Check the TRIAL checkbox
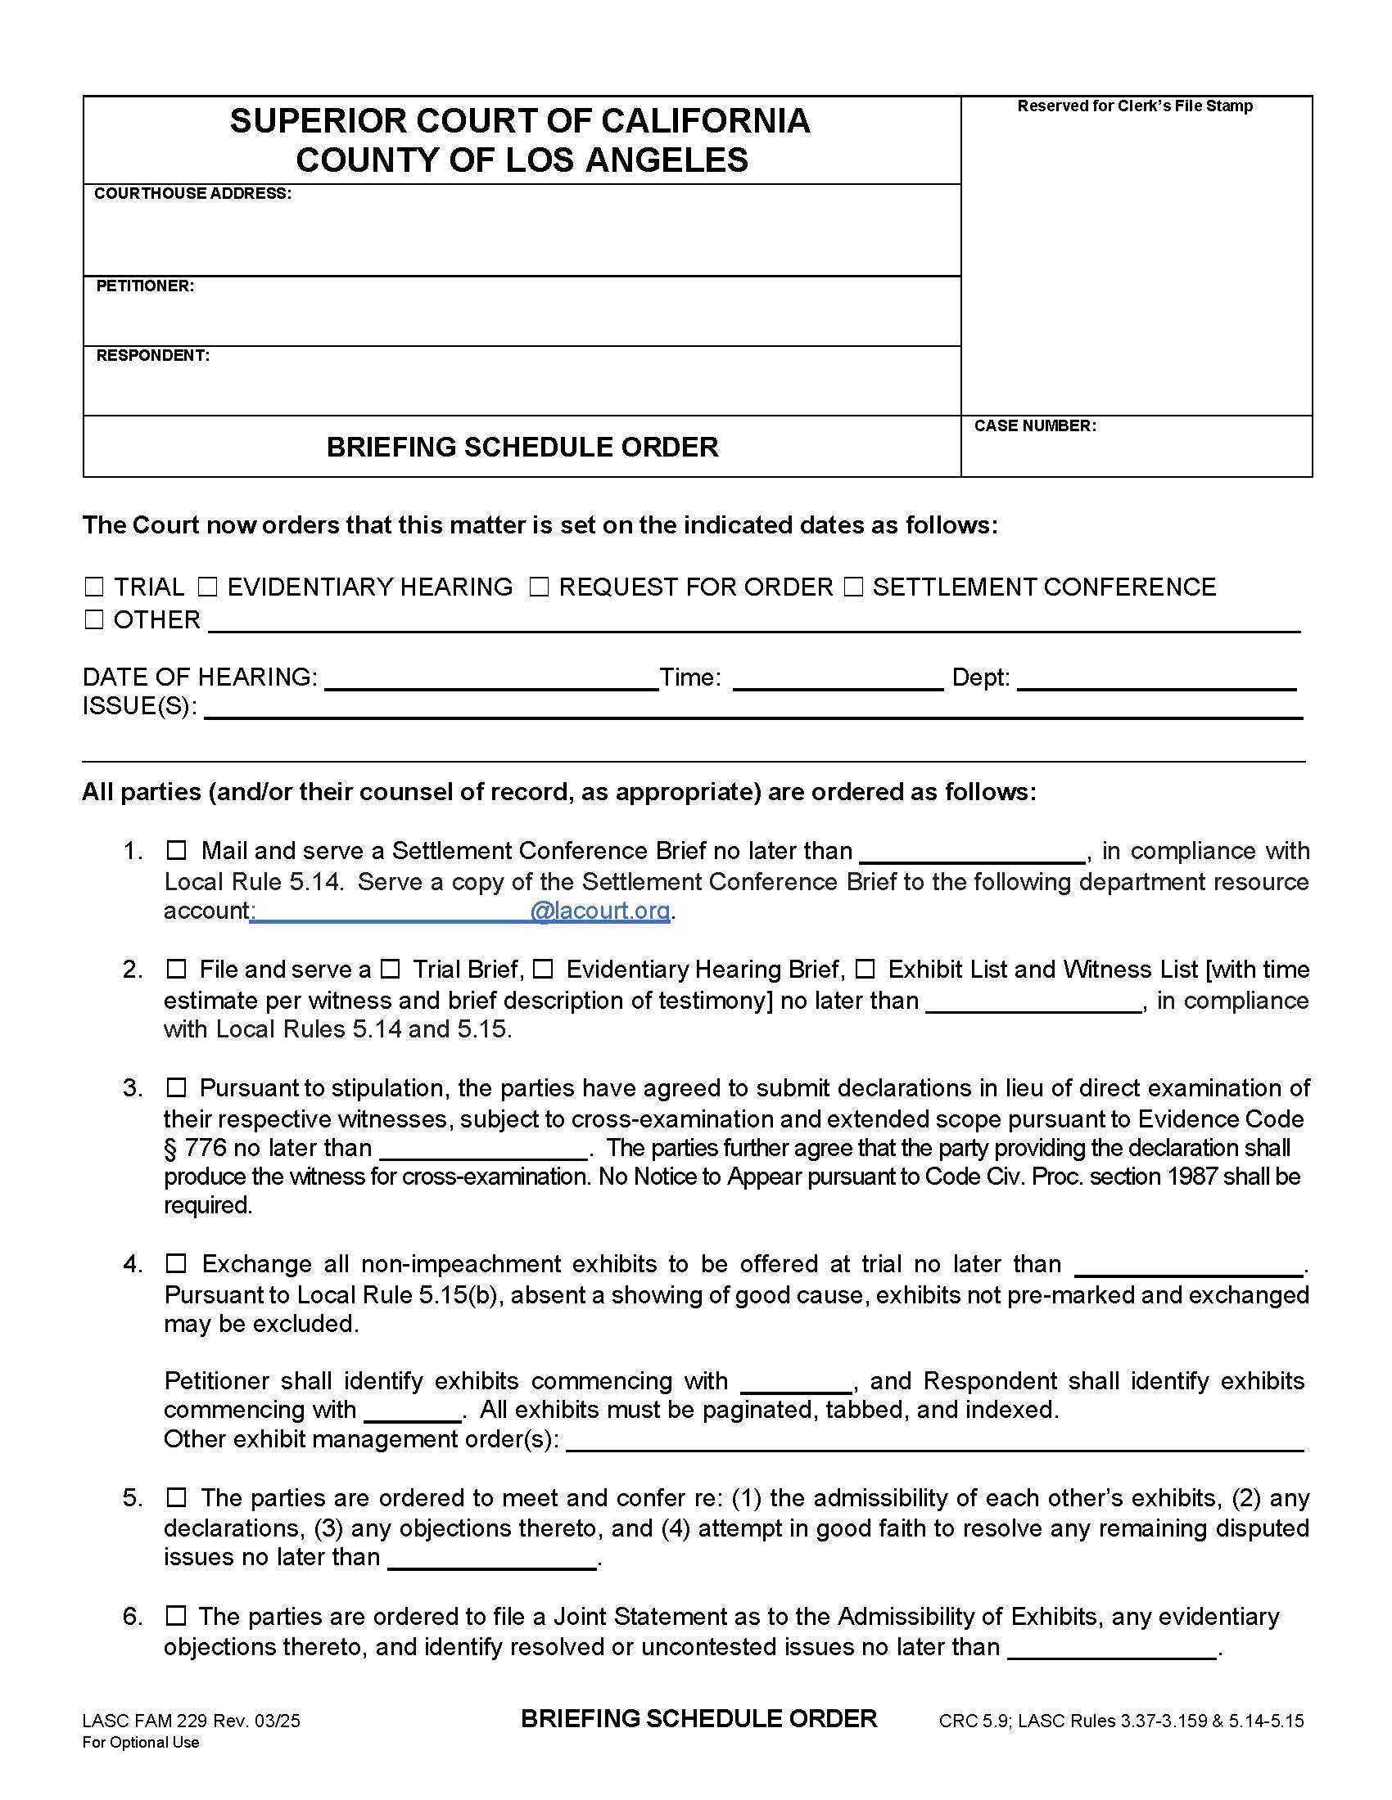click(x=94, y=587)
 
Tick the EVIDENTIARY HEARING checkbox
click(x=207, y=587)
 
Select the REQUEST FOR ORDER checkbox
click(x=539, y=587)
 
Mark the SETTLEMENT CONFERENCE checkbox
click(x=853, y=587)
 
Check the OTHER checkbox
click(x=94, y=620)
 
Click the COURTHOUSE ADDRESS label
click(x=192, y=194)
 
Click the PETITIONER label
click(x=144, y=286)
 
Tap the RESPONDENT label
click(x=152, y=355)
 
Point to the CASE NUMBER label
click(x=1035, y=426)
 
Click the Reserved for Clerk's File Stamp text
click(x=1135, y=106)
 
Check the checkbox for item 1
click(x=177, y=850)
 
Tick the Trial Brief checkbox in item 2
click(x=391, y=970)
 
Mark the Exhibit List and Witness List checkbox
click(x=864, y=970)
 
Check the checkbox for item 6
click(x=177, y=1616)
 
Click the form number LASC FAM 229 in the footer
click(x=146, y=1720)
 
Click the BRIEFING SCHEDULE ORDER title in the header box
click(x=522, y=447)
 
